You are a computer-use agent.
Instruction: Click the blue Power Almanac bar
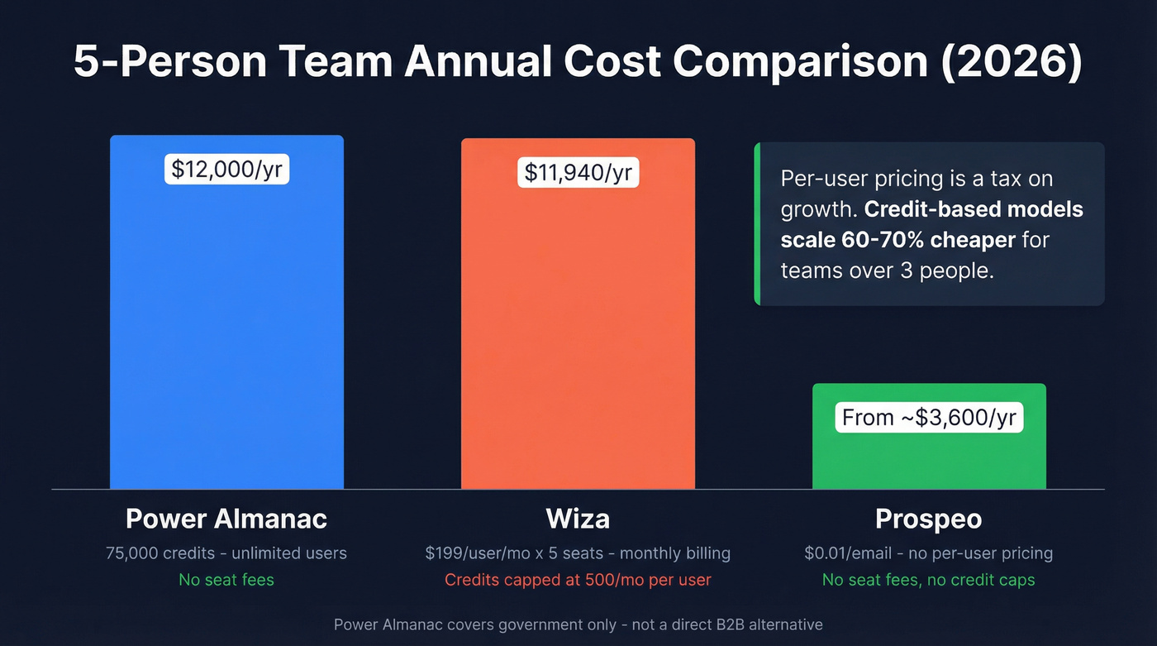[x=226, y=331]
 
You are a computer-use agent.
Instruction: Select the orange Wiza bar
[x=578, y=331]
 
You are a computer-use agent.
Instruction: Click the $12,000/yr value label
[x=226, y=169]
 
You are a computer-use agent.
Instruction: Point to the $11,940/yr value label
[x=578, y=172]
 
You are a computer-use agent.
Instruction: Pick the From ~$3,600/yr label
[x=929, y=418]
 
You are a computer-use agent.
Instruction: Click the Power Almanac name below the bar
[x=226, y=519]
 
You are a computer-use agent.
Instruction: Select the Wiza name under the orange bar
[x=578, y=519]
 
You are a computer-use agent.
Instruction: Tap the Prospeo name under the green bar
[x=929, y=519]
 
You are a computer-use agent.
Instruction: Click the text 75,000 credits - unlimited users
[x=226, y=553]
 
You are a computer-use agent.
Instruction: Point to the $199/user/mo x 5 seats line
[x=578, y=553]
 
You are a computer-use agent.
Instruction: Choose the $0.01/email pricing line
[x=929, y=553]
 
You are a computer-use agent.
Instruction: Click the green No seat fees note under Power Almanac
[x=226, y=580]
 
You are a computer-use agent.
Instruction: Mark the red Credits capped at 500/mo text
[x=578, y=580]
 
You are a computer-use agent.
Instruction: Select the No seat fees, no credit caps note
[x=929, y=580]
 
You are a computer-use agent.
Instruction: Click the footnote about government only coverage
[x=578, y=624]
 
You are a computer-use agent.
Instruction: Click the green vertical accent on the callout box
[x=757, y=223]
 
